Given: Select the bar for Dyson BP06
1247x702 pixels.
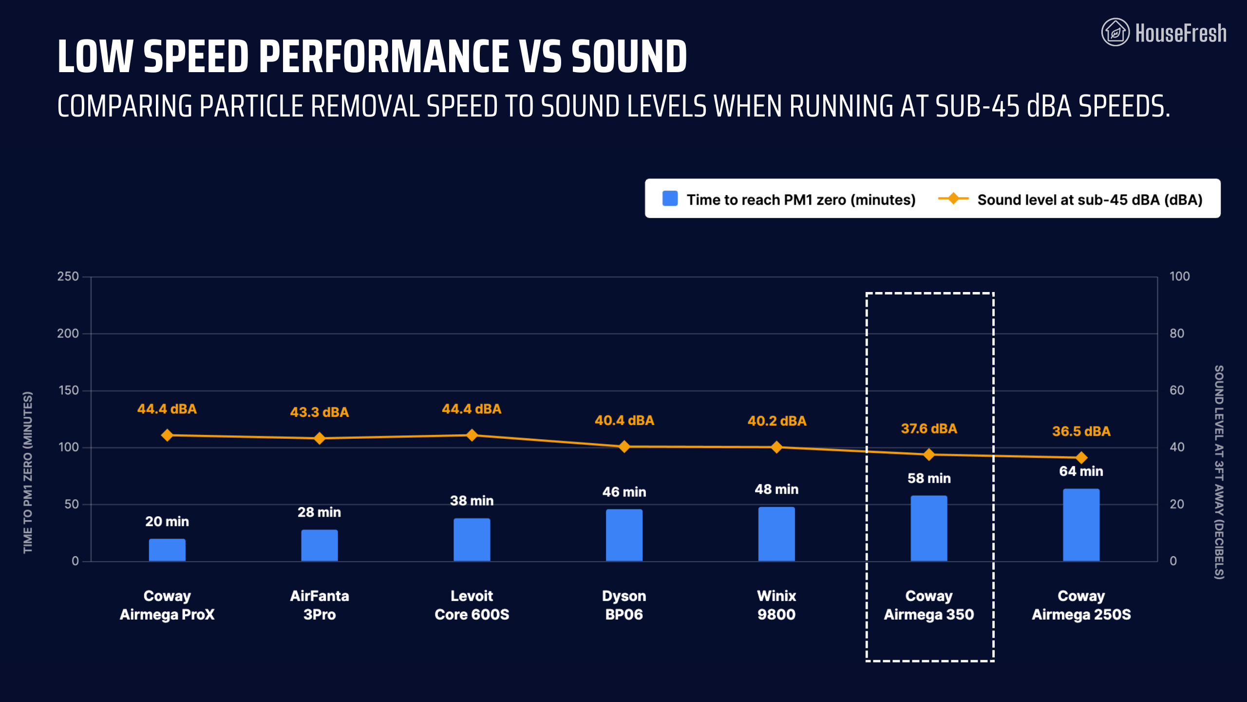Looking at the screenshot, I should click(624, 535).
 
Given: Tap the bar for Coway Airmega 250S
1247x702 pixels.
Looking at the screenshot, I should click(1081, 525).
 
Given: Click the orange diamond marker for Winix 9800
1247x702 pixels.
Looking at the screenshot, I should click(776, 447).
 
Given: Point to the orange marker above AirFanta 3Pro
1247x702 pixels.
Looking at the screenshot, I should click(320, 438).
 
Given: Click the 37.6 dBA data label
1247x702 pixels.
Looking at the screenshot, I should click(928, 429).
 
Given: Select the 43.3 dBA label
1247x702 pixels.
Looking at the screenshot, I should click(320, 412).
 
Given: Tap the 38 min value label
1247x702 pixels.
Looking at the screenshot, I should click(472, 501).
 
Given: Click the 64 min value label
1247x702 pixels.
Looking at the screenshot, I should click(1081, 471).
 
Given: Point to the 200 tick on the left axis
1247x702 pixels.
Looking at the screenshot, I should click(68, 333).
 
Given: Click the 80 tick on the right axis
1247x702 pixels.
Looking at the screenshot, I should click(1176, 333).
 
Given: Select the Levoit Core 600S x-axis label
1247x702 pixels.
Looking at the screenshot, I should click(472, 605).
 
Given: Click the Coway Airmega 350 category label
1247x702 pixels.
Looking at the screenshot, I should click(928, 605).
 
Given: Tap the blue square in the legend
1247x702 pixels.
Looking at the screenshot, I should click(670, 198).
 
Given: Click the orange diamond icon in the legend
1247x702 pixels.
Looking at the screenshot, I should click(953, 198).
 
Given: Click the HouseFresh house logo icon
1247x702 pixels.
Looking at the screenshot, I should click(1115, 32).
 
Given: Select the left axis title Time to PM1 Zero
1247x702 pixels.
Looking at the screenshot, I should click(28, 472).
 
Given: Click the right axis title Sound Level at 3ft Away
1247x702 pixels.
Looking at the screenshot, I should click(1219, 472).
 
